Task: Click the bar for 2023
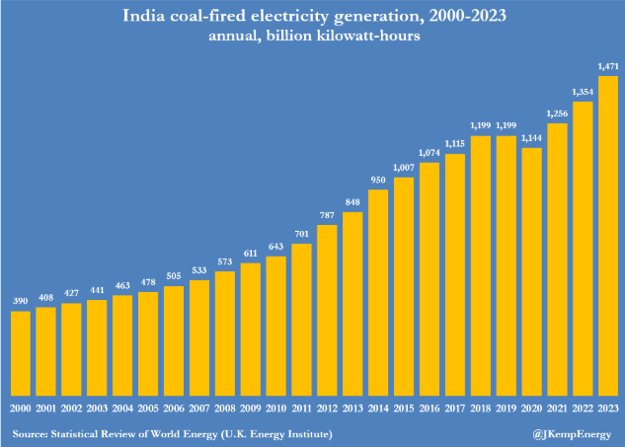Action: pyautogui.click(x=609, y=237)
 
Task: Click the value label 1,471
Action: pyautogui.click(x=609, y=67)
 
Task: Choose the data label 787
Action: pyautogui.click(x=328, y=216)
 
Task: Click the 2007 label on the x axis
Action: pyautogui.click(x=199, y=408)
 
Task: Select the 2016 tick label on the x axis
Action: pyautogui.click(x=430, y=408)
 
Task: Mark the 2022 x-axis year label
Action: pyautogui.click(x=584, y=408)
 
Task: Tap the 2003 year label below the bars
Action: pyautogui.click(x=98, y=408)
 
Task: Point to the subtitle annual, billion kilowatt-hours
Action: pyautogui.click(x=312, y=37)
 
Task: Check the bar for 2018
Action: pyautogui.click(x=481, y=265)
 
